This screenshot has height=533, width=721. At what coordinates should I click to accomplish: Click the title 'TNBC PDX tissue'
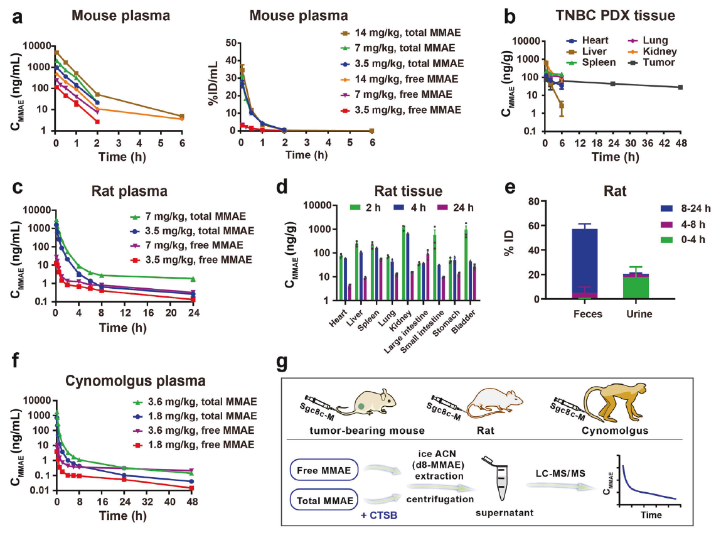click(615, 16)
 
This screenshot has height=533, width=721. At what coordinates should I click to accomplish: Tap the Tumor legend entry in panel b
click(651, 63)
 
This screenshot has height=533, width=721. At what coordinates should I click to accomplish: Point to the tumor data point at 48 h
click(681, 87)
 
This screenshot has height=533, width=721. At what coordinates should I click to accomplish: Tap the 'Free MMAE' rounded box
click(324, 470)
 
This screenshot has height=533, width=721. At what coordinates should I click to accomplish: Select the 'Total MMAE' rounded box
click(324, 500)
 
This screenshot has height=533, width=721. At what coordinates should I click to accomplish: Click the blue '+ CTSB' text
click(379, 515)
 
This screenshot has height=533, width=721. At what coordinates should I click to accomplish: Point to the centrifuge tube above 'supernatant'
click(498, 478)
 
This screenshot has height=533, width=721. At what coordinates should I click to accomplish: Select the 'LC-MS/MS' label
click(560, 473)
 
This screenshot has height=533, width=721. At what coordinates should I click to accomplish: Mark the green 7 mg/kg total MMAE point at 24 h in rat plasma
click(193, 279)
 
